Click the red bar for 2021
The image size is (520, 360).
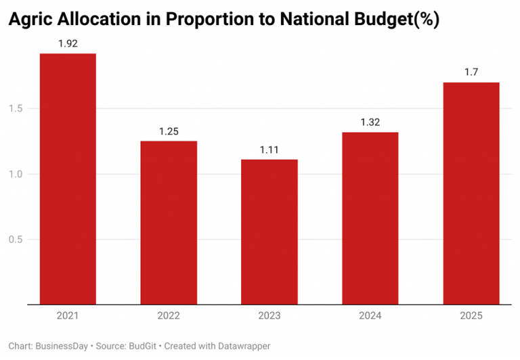pyautogui.click(x=68, y=179)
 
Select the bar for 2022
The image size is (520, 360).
pyautogui.click(x=169, y=223)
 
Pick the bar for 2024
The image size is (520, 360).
pyautogui.click(x=370, y=219)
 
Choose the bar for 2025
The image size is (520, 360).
pyautogui.click(x=471, y=194)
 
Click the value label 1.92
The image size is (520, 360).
pyautogui.click(x=68, y=43)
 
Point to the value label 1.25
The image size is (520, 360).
pyautogui.click(x=169, y=131)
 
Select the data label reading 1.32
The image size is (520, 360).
pyautogui.click(x=370, y=122)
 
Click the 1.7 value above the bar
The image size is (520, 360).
pyautogui.click(x=471, y=72)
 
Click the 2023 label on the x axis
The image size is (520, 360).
pyautogui.click(x=269, y=315)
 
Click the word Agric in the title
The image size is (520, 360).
pyautogui.click(x=30, y=20)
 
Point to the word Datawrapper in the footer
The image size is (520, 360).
pyautogui.click(x=241, y=346)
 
